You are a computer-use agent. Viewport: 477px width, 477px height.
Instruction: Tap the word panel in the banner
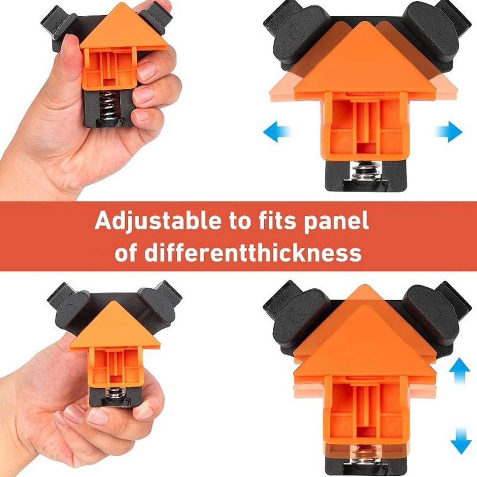[x=337, y=221]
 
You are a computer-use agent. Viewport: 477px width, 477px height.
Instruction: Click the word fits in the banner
[x=275, y=221]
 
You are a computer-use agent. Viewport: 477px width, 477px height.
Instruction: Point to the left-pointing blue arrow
[x=276, y=132]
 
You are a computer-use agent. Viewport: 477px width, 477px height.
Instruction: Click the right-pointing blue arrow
[x=449, y=132]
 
